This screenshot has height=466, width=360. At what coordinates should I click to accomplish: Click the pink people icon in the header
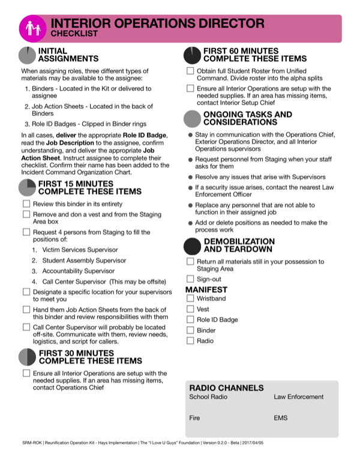pyautogui.click(x=31, y=28)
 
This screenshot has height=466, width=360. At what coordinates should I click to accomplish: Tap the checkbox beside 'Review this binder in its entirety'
pyautogui.click(x=26, y=205)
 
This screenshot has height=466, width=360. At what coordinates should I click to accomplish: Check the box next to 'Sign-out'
pyautogui.click(x=190, y=279)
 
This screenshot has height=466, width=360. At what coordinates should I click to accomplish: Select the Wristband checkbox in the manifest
pyautogui.click(x=190, y=298)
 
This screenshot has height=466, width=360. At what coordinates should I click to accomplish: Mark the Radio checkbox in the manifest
pyautogui.click(x=190, y=340)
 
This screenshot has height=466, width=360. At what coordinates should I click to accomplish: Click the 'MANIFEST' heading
pyautogui.click(x=206, y=289)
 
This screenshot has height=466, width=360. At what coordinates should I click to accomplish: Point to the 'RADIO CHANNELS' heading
pyautogui.click(x=226, y=387)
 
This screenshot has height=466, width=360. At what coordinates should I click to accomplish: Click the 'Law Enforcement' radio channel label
pyautogui.click(x=298, y=397)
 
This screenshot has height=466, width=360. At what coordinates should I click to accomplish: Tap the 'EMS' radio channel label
pyautogui.click(x=280, y=417)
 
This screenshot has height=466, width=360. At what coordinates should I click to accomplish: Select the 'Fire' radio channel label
pyautogui.click(x=194, y=417)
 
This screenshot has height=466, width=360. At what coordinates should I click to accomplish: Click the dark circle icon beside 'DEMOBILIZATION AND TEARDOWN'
pyautogui.click(x=193, y=245)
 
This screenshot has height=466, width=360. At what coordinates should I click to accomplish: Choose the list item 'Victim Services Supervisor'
pyautogui.click(x=75, y=250)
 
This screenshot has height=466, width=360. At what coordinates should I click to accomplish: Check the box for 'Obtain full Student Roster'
pyautogui.click(x=190, y=71)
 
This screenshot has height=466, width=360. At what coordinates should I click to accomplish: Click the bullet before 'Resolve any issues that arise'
pyautogui.click(x=190, y=177)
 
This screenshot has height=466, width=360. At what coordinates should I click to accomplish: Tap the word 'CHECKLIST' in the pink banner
pyautogui.click(x=74, y=34)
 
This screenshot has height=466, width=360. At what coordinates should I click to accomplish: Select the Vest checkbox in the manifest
pyautogui.click(x=190, y=309)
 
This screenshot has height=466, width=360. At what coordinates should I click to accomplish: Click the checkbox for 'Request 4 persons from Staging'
pyautogui.click(x=26, y=231)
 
